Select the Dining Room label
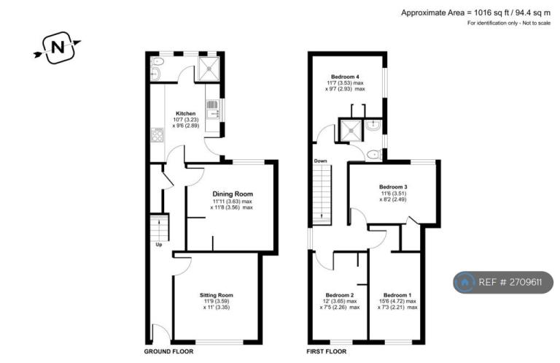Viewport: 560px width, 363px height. [x=233, y=194]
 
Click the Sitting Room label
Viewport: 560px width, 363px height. [x=216, y=295]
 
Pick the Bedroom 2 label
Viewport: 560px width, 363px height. [x=339, y=295]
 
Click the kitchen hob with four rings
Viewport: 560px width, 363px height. [x=157, y=136]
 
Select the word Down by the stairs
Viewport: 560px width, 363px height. [x=321, y=161]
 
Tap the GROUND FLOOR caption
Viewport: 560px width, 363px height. [x=168, y=351]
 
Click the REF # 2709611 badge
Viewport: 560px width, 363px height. [x=503, y=281]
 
